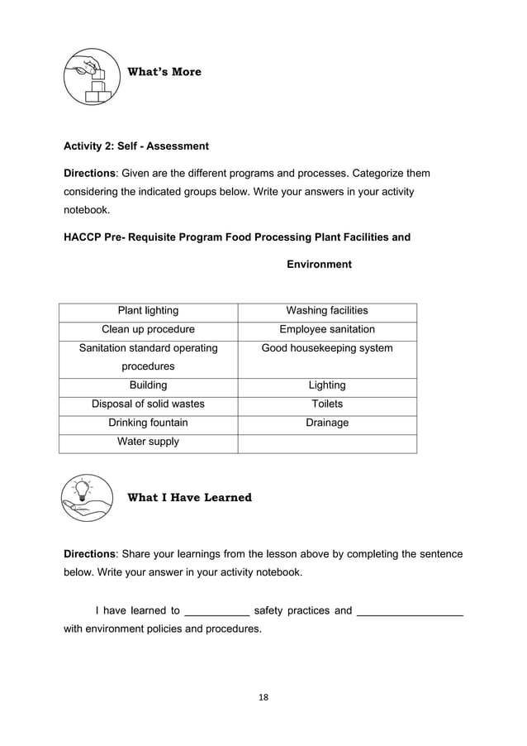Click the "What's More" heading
click(164, 72)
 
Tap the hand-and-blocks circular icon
click(92, 76)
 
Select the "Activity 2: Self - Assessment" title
click(136, 146)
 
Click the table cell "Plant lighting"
click(148, 311)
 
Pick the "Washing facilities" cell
click(327, 311)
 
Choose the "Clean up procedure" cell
click(148, 330)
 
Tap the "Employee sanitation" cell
click(327, 330)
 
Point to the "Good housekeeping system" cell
click(327, 348)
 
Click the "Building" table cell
click(148, 385)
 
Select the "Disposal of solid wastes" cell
click(148, 404)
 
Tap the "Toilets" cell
click(327, 404)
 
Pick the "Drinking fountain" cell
click(148, 423)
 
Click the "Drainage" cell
click(327, 423)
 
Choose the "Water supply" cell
click(148, 442)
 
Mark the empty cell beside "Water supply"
click(327, 443)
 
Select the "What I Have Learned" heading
click(189, 498)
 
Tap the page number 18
click(263, 697)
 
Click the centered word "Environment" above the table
click(319, 265)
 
